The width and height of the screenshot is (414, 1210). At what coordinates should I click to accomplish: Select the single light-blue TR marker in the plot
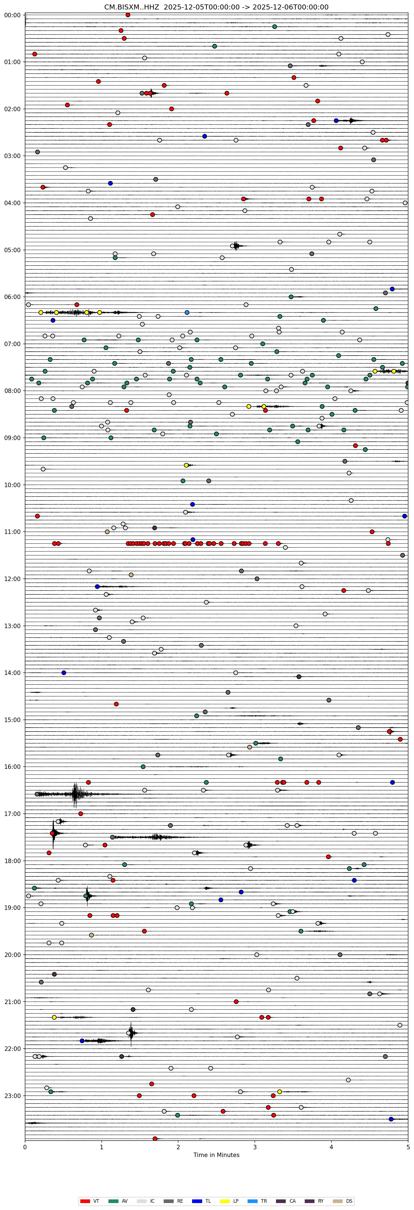187,312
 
